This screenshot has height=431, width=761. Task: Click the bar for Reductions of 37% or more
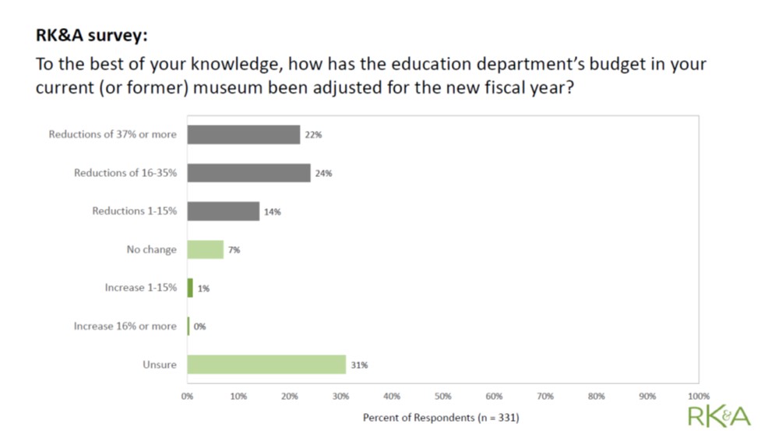(243, 135)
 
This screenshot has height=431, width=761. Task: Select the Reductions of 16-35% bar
(248, 173)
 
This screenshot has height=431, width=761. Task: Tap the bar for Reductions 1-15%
(223, 211)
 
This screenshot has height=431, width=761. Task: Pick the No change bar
(205, 249)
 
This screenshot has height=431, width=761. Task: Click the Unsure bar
(266, 365)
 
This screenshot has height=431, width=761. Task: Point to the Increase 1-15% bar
(190, 288)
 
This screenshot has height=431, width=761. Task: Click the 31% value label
(359, 365)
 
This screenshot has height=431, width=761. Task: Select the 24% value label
(323, 173)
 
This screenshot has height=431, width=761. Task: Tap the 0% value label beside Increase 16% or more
(200, 327)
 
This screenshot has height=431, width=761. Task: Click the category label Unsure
(160, 365)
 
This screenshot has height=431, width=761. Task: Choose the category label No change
(152, 249)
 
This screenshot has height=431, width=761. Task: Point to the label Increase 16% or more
(125, 327)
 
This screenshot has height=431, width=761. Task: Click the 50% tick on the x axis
(442, 396)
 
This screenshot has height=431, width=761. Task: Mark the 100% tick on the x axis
(698, 396)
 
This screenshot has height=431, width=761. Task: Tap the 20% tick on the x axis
(289, 396)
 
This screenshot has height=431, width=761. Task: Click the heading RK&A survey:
(91, 35)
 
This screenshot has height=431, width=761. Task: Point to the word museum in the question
(229, 88)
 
